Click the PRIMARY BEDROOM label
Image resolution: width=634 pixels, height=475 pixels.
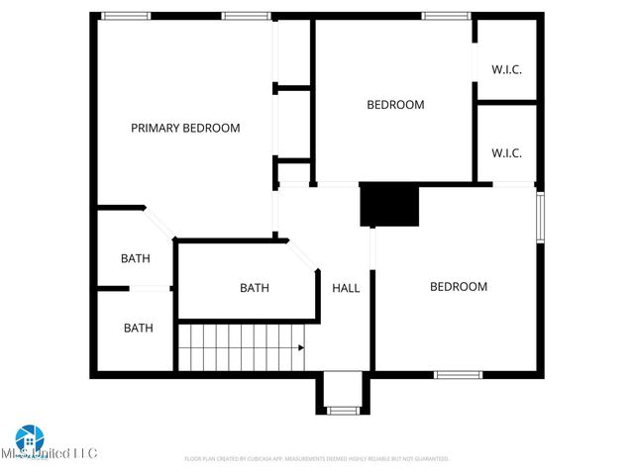(x=185, y=128)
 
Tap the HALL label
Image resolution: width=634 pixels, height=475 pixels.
(x=346, y=288)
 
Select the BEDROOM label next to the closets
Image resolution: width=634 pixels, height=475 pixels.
(x=395, y=105)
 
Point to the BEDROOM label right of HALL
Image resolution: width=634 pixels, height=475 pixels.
(x=458, y=287)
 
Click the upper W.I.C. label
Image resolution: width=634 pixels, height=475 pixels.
(x=506, y=69)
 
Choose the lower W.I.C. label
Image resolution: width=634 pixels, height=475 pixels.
(x=506, y=153)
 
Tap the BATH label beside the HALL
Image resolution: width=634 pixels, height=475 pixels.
(x=255, y=288)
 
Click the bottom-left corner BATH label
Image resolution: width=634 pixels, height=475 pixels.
(x=138, y=328)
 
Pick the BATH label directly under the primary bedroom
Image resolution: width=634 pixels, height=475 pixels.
(x=136, y=259)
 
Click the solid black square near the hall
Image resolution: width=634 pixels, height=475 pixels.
(x=389, y=205)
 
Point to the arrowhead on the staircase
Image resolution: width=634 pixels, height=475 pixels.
(x=300, y=347)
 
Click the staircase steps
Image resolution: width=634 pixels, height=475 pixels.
(x=238, y=347)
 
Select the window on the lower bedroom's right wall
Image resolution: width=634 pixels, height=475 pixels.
(x=540, y=216)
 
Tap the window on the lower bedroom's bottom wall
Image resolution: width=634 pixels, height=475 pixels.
(x=459, y=374)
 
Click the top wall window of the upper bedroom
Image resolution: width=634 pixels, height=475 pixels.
(x=446, y=16)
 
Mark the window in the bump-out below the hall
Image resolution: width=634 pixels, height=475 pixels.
(x=344, y=410)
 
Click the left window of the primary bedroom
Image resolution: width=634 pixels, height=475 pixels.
(x=126, y=16)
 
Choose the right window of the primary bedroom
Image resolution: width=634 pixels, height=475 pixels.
(x=246, y=16)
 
